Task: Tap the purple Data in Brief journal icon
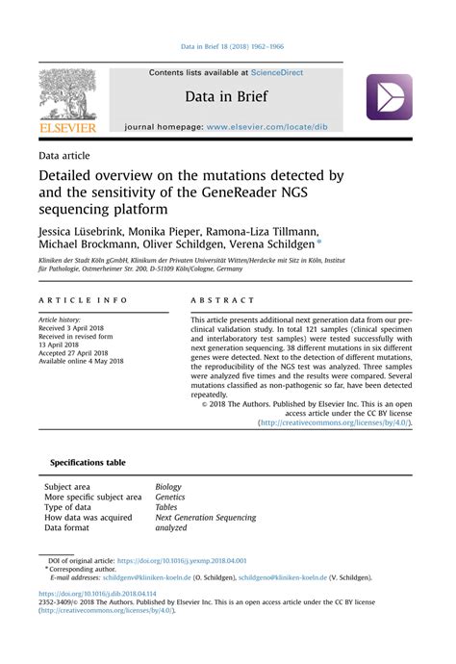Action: [389, 97]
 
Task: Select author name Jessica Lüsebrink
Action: [83, 233]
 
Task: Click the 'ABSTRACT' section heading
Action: [223, 300]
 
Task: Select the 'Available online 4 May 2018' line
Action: [82, 362]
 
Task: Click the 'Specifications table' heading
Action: [88, 463]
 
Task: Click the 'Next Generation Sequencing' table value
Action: [206, 518]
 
